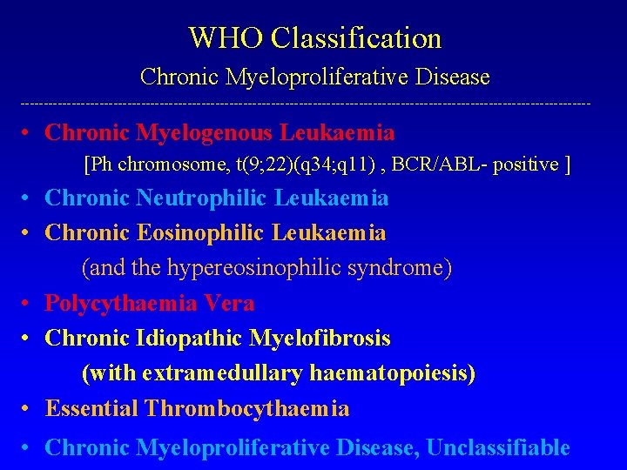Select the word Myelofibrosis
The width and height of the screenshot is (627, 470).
pos(320,338)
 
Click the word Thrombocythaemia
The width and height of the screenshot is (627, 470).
pos(247,408)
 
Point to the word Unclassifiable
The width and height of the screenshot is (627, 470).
pos(499,447)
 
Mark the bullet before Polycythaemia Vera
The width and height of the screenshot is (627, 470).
pos(28,303)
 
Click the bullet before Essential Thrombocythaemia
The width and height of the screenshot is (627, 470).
pos(28,408)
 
